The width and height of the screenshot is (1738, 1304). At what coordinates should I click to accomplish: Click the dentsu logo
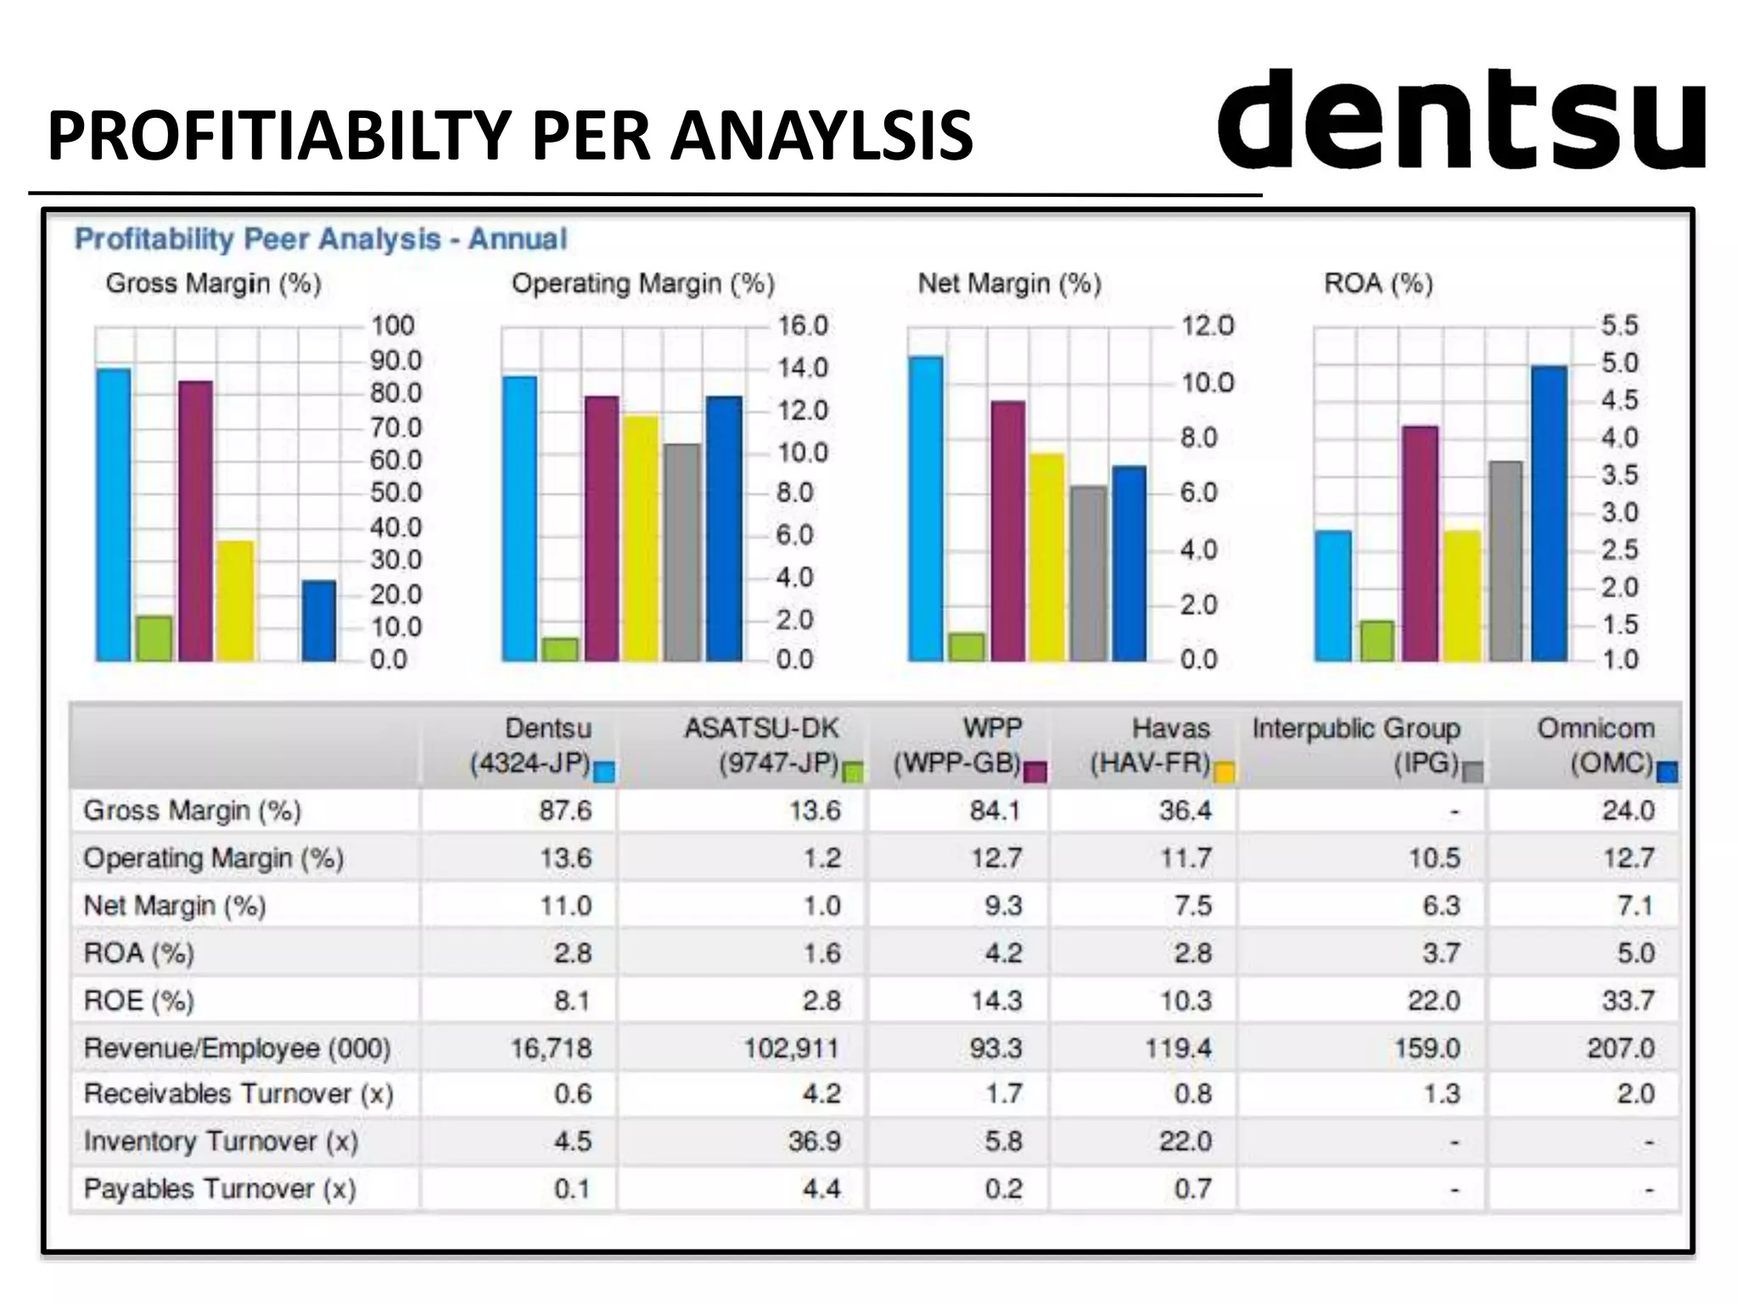1461,121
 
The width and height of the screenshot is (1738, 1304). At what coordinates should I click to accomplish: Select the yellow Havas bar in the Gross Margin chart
235,600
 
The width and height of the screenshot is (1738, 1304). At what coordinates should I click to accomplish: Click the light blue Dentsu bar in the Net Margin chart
925,509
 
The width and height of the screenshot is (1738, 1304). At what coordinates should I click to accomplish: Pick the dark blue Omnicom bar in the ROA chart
1549,514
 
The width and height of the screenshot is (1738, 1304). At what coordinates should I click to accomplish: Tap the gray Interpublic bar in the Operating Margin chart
682,552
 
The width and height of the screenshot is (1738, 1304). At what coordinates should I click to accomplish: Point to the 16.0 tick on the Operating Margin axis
802,326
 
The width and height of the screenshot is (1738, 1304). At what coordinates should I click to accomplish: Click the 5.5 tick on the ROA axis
1618,326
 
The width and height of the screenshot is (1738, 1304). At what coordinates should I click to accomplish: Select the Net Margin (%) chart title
1009,284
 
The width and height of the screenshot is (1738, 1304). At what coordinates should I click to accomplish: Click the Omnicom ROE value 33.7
1628,1001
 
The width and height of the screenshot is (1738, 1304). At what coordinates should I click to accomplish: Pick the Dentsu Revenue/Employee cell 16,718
551,1048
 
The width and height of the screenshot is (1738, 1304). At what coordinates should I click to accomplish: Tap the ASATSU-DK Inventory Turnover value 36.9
814,1141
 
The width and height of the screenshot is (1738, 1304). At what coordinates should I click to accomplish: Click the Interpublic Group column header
1356,745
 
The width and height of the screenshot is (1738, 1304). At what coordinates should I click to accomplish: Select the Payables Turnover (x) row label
220,1189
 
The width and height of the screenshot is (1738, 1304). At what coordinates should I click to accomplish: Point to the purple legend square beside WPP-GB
1035,772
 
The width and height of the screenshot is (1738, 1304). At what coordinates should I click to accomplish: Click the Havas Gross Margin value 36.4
1185,811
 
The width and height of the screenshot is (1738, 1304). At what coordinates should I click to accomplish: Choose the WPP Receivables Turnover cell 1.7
1003,1094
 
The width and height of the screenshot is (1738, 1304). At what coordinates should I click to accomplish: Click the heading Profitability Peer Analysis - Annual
321,239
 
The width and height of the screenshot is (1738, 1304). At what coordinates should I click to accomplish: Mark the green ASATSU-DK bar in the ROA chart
1376,641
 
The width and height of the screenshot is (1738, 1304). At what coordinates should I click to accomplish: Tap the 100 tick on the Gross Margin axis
392,326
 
